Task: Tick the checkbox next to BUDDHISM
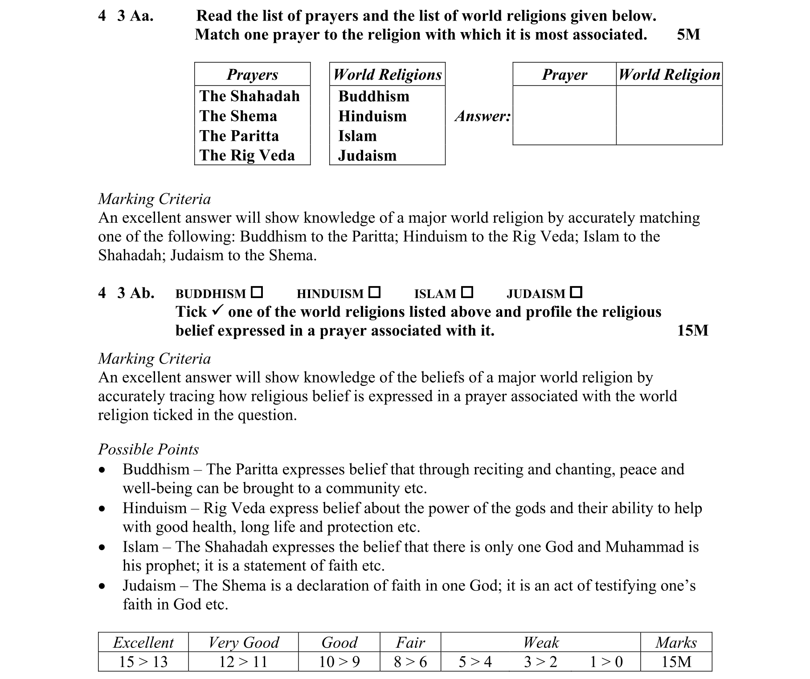257,292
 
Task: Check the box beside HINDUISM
375,292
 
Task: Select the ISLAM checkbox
467,292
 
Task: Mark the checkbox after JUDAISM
576,292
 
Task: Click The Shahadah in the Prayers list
250,96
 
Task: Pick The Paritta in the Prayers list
239,135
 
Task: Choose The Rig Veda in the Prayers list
247,155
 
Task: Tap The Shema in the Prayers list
238,116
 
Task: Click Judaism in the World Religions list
367,155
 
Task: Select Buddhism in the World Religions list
373,96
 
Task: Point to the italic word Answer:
483,116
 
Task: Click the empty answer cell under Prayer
564,115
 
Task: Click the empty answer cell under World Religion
669,115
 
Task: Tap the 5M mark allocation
688,34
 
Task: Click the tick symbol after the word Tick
217,311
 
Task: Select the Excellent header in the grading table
143,642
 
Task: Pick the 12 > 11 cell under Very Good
243,662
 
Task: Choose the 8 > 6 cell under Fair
410,662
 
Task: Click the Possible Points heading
148,449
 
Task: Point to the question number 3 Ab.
135,293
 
